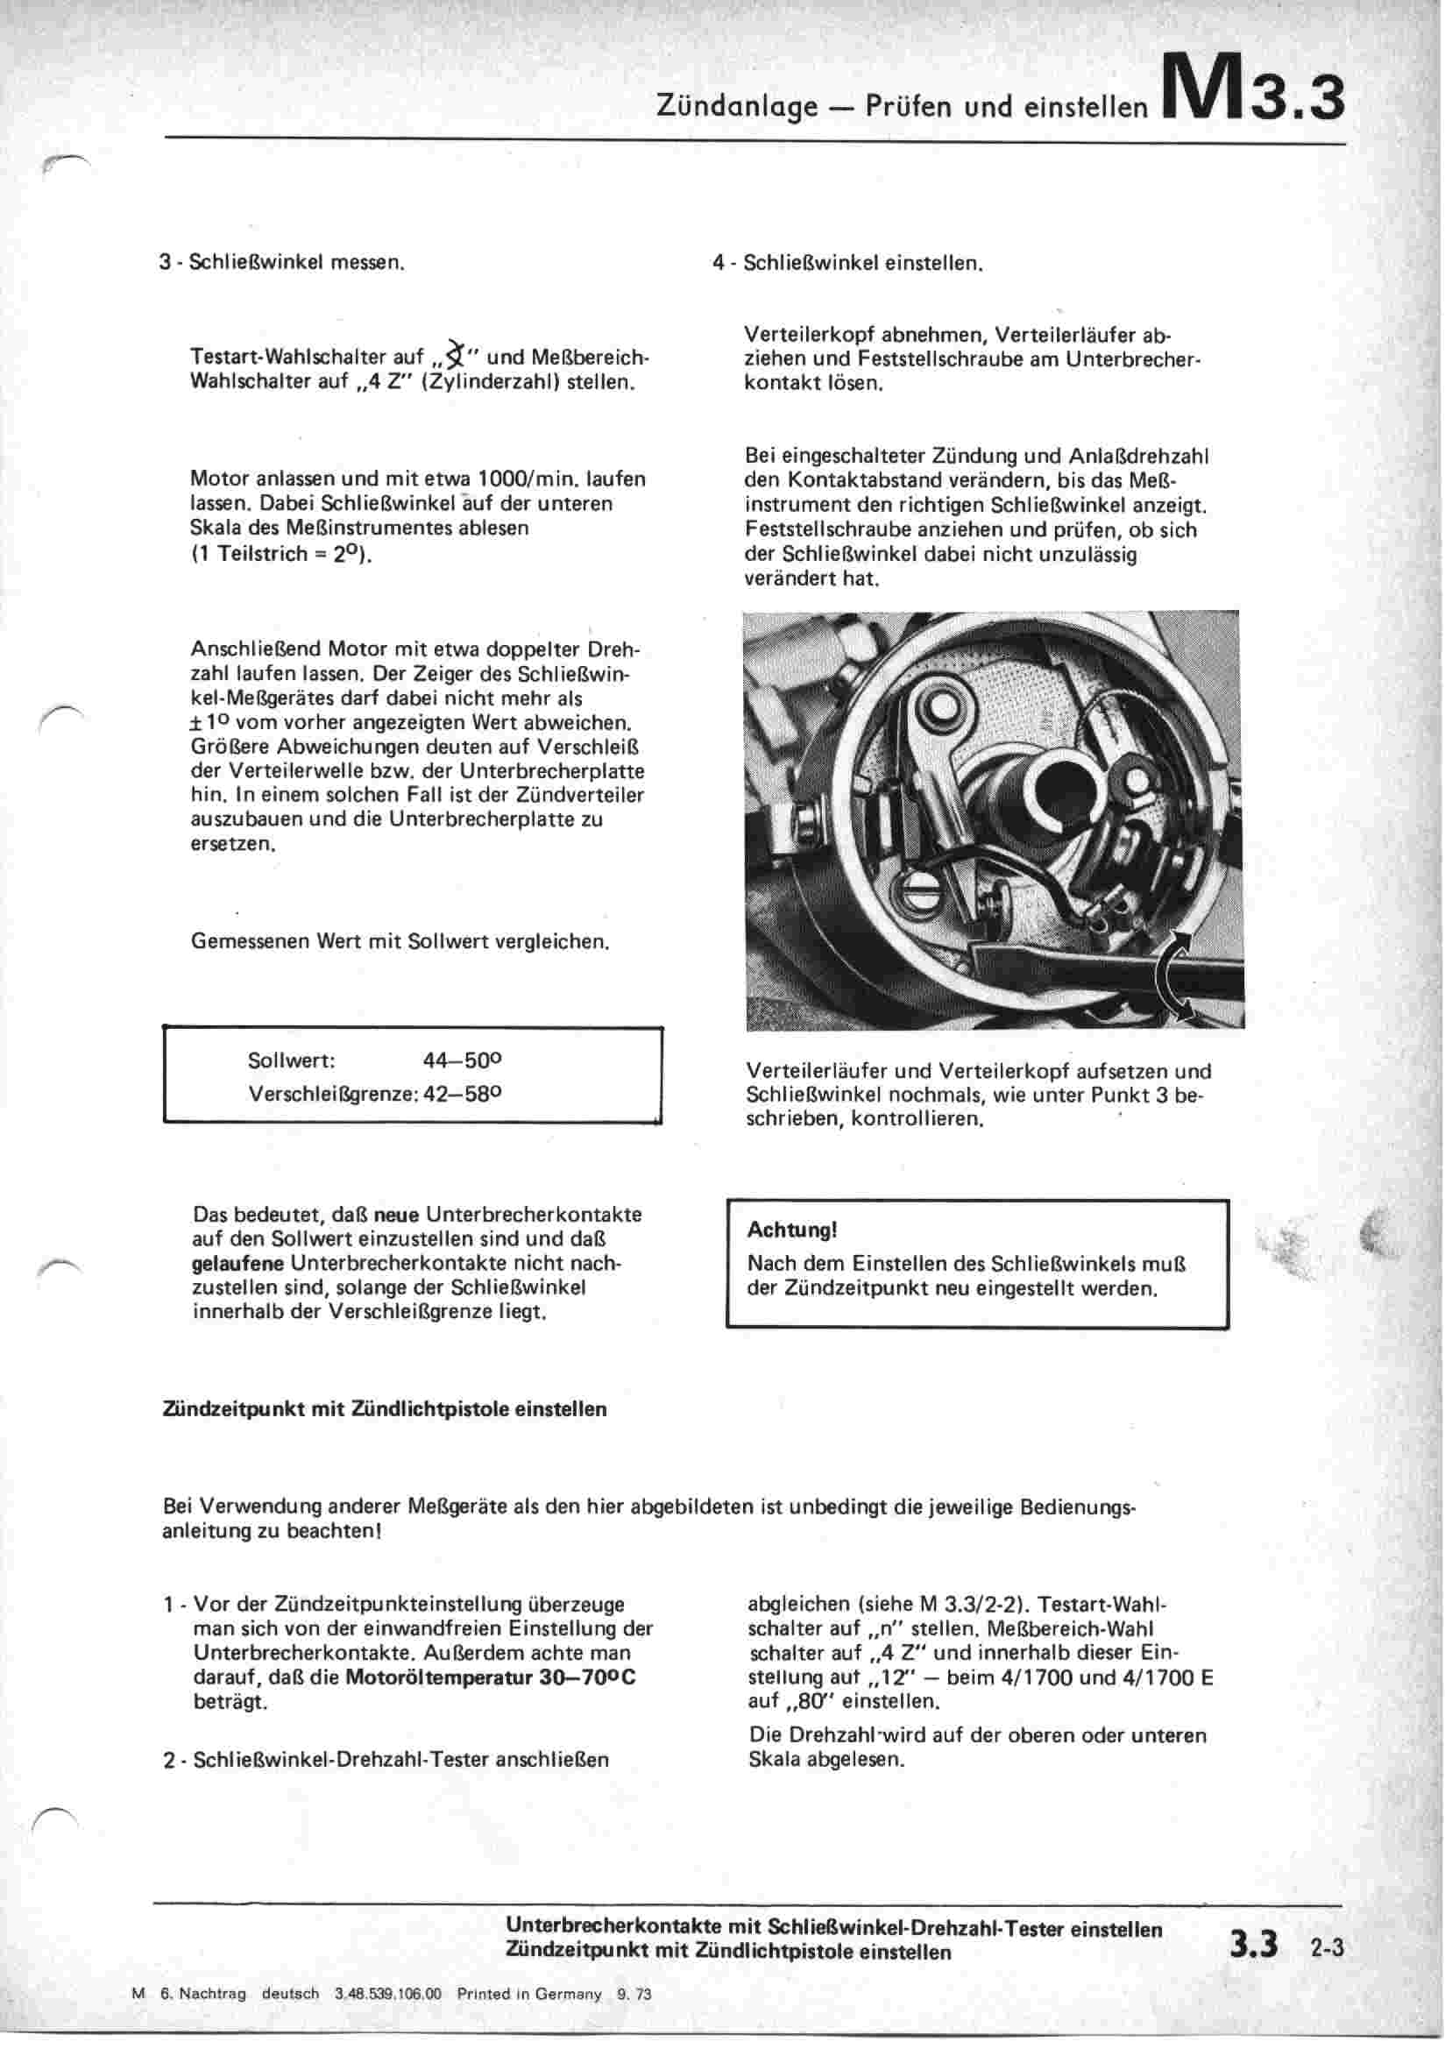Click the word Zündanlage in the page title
pos(736,107)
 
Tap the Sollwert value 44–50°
pos(462,1061)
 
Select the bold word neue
pos(396,1215)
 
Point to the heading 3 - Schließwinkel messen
pos(282,263)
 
